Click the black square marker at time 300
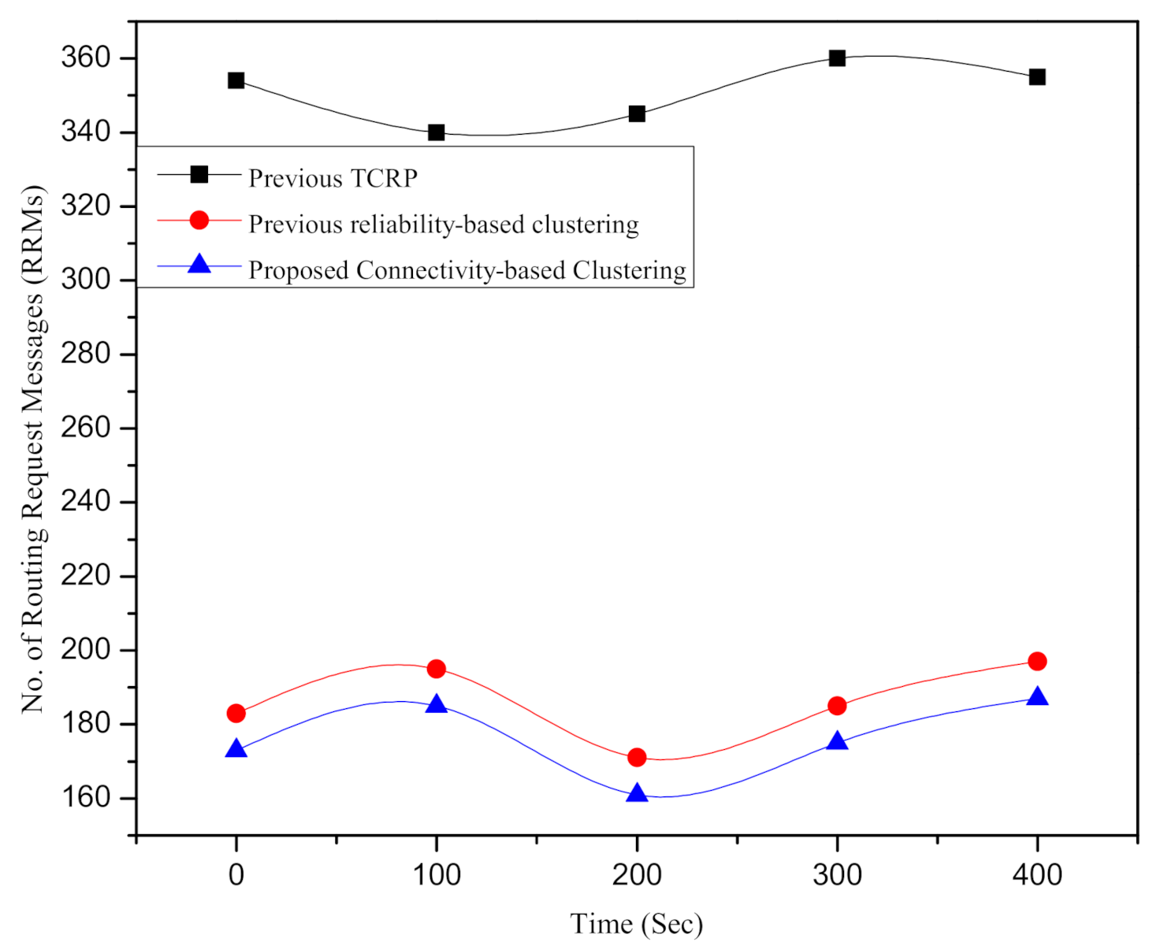(837, 58)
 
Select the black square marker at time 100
(436, 132)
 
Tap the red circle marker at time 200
(637, 758)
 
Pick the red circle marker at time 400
(1037, 662)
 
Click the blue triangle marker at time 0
(236, 749)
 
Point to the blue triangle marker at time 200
(637, 793)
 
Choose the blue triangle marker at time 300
(837, 741)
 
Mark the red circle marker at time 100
(436, 669)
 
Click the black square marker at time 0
(236, 80)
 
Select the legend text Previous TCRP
(333, 179)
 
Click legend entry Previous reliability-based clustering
(443, 225)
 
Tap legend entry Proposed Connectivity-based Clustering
(467, 270)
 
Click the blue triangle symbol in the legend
(199, 264)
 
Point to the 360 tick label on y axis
(85, 58)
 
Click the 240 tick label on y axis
(85, 501)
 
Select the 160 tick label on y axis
(85, 797)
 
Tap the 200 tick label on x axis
(637, 874)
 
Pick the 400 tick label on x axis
(1037, 874)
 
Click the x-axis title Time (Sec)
(636, 924)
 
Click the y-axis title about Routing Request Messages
(33, 449)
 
